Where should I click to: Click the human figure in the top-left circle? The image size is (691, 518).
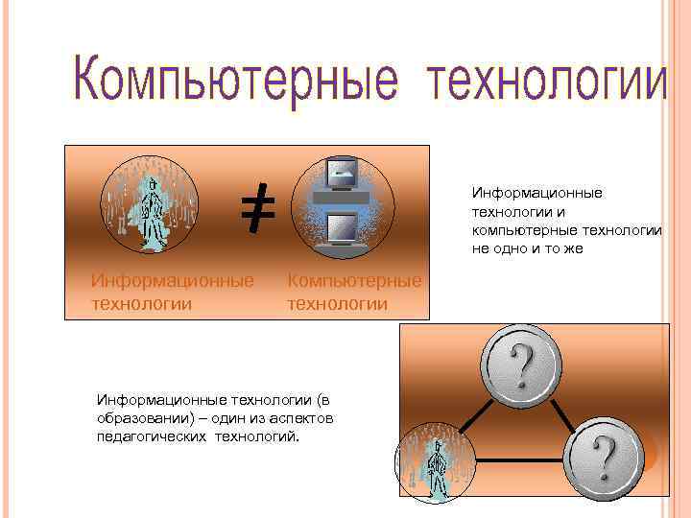[150, 202]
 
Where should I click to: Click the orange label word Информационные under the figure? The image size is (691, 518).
[172, 281]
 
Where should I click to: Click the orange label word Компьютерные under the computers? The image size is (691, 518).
[354, 281]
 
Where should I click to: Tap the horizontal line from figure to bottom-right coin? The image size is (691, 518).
[518, 461]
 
